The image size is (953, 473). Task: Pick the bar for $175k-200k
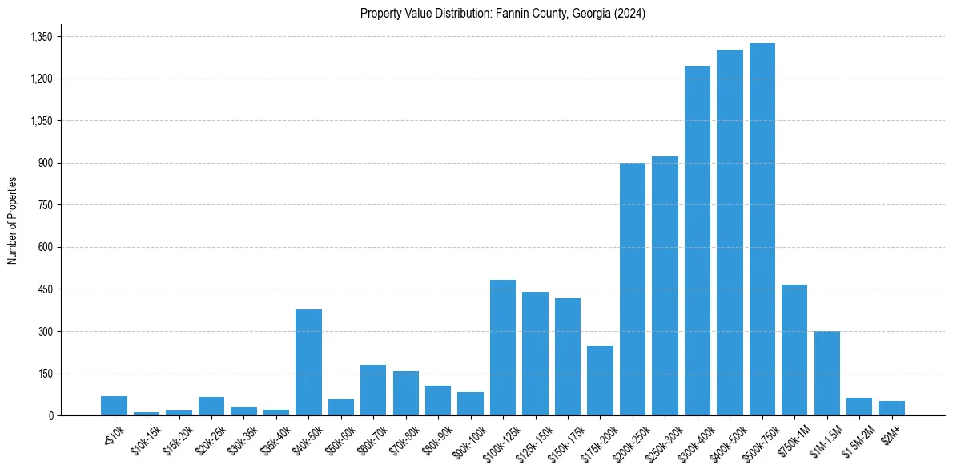tap(600, 381)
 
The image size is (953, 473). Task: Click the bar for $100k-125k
tap(503, 348)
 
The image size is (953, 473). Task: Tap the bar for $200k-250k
tap(633, 289)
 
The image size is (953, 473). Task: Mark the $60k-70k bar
tap(373, 390)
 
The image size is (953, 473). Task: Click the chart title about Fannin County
tap(503, 14)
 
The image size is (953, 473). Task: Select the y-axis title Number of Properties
tap(13, 220)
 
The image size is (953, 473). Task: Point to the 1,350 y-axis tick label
tap(41, 37)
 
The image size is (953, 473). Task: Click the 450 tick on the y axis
tap(45, 289)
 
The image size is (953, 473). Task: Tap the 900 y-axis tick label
tap(45, 163)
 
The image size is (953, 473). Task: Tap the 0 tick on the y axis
tap(50, 416)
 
